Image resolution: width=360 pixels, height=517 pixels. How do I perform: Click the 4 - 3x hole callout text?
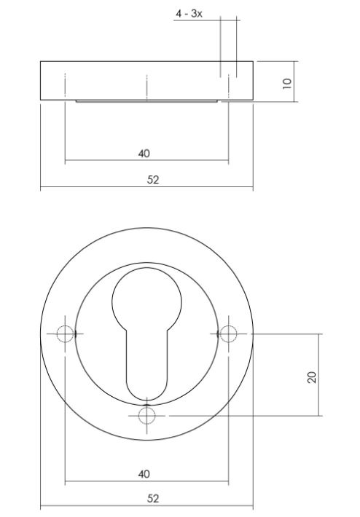pos(188,14)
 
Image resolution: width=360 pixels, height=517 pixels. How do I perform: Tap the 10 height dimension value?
pos(287,82)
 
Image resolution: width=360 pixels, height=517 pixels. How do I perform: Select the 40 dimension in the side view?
pos(144,153)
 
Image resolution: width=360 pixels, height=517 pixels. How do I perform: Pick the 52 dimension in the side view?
pos(153,180)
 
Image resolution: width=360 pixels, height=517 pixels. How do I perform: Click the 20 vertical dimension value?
pos(312,376)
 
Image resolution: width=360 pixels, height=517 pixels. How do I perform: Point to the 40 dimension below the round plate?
pos(144,474)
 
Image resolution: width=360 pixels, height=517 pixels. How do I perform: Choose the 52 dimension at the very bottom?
pos(153,499)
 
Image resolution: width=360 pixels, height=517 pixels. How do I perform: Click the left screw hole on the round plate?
pos(65,334)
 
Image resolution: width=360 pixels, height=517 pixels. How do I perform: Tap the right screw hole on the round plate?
pos(229,334)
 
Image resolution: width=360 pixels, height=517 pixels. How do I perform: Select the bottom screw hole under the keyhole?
pos(147,415)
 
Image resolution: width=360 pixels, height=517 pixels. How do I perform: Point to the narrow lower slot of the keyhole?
pos(147,364)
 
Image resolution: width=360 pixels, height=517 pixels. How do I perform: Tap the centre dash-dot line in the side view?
pos(146,87)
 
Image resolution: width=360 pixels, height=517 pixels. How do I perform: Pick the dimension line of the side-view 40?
pos(102,161)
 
